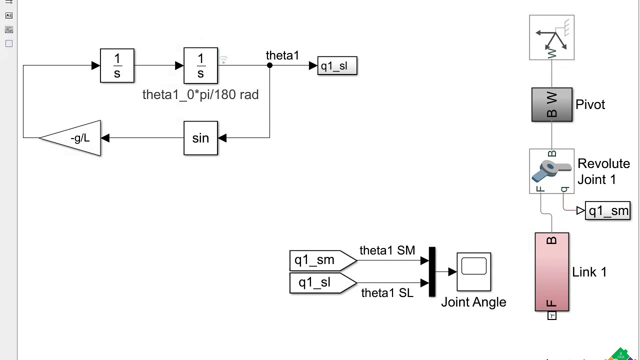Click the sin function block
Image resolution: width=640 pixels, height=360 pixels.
point(200,138)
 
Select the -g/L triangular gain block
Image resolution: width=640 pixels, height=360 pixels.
point(75,138)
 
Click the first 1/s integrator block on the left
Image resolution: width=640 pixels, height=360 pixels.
point(117,65)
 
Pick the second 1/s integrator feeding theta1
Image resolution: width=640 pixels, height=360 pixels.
point(200,65)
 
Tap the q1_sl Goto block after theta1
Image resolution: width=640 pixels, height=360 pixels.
point(337,66)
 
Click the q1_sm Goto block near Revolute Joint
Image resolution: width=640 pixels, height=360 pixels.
point(607,211)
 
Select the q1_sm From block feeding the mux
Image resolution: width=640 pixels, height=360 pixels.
point(320,260)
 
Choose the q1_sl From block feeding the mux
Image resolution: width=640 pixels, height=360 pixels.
point(320,283)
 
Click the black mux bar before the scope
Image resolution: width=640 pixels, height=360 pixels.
point(432,272)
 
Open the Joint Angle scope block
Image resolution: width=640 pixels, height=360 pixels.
point(473,271)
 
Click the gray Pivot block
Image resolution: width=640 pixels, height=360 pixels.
point(551,104)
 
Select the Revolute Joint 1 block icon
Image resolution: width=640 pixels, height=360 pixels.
point(551,171)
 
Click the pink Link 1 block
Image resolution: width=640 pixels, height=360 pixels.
point(551,272)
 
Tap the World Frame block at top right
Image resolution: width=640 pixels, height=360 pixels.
point(551,37)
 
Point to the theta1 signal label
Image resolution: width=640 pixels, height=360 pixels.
point(282,55)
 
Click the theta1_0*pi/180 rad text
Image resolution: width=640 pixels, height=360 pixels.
point(200,95)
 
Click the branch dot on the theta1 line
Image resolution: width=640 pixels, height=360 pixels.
point(269,65)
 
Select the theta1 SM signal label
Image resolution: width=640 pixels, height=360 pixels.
point(387,250)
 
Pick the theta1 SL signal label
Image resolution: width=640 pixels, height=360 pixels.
point(387,293)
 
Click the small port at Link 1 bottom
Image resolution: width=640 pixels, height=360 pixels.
point(551,315)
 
